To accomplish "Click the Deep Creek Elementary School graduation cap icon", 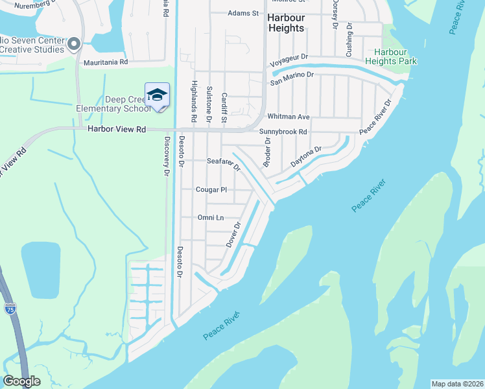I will point(157,95).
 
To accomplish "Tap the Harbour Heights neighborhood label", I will point(285,23).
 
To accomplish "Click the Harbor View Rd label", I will point(117,130).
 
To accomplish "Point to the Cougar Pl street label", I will point(211,190).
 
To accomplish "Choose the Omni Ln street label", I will point(210,218).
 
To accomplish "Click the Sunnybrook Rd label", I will point(283,132).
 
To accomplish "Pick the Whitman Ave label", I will point(289,117).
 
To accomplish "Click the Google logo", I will point(21,381).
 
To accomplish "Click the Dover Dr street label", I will point(233,235).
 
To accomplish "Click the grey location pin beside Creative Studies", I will point(74,45).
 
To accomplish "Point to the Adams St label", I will point(243,13).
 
